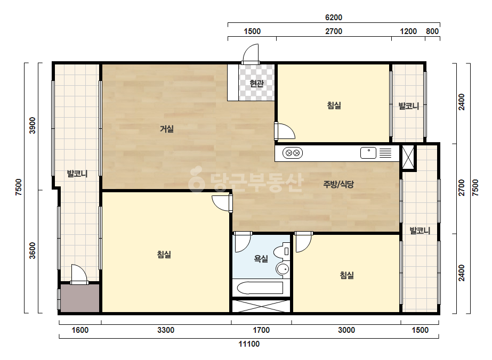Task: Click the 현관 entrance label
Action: point(257,84)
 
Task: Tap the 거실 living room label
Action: point(167,128)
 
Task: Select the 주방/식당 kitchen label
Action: point(338,184)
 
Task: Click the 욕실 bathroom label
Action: point(261,259)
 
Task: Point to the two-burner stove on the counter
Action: point(293,153)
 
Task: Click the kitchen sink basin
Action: point(368,153)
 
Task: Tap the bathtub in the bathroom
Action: point(260,288)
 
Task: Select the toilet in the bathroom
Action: point(281,251)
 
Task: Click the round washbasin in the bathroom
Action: point(283,269)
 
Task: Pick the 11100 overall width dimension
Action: point(249,344)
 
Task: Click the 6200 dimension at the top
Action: point(334,18)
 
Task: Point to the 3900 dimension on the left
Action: point(33,126)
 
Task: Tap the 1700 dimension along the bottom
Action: point(261,330)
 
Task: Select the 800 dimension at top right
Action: point(432,31)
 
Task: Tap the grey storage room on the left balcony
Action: point(80,298)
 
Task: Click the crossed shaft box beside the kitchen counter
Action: point(408,158)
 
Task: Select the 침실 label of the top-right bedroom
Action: point(334,105)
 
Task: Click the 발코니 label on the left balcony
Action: point(77,174)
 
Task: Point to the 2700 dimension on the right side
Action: point(462,187)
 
